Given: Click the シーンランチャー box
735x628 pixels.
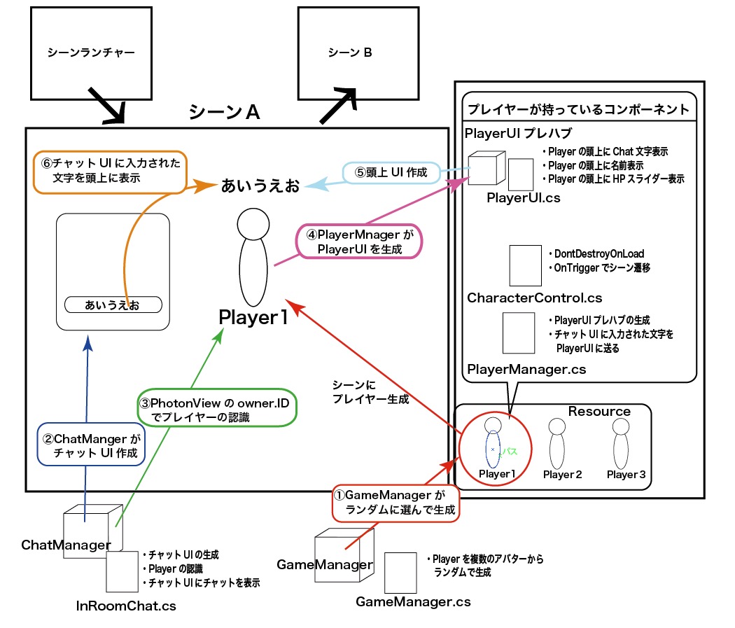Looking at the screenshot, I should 92,53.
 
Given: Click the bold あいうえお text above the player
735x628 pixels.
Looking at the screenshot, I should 260,186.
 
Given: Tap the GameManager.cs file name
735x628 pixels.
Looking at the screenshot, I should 413,601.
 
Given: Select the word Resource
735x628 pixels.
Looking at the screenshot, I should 599,412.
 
